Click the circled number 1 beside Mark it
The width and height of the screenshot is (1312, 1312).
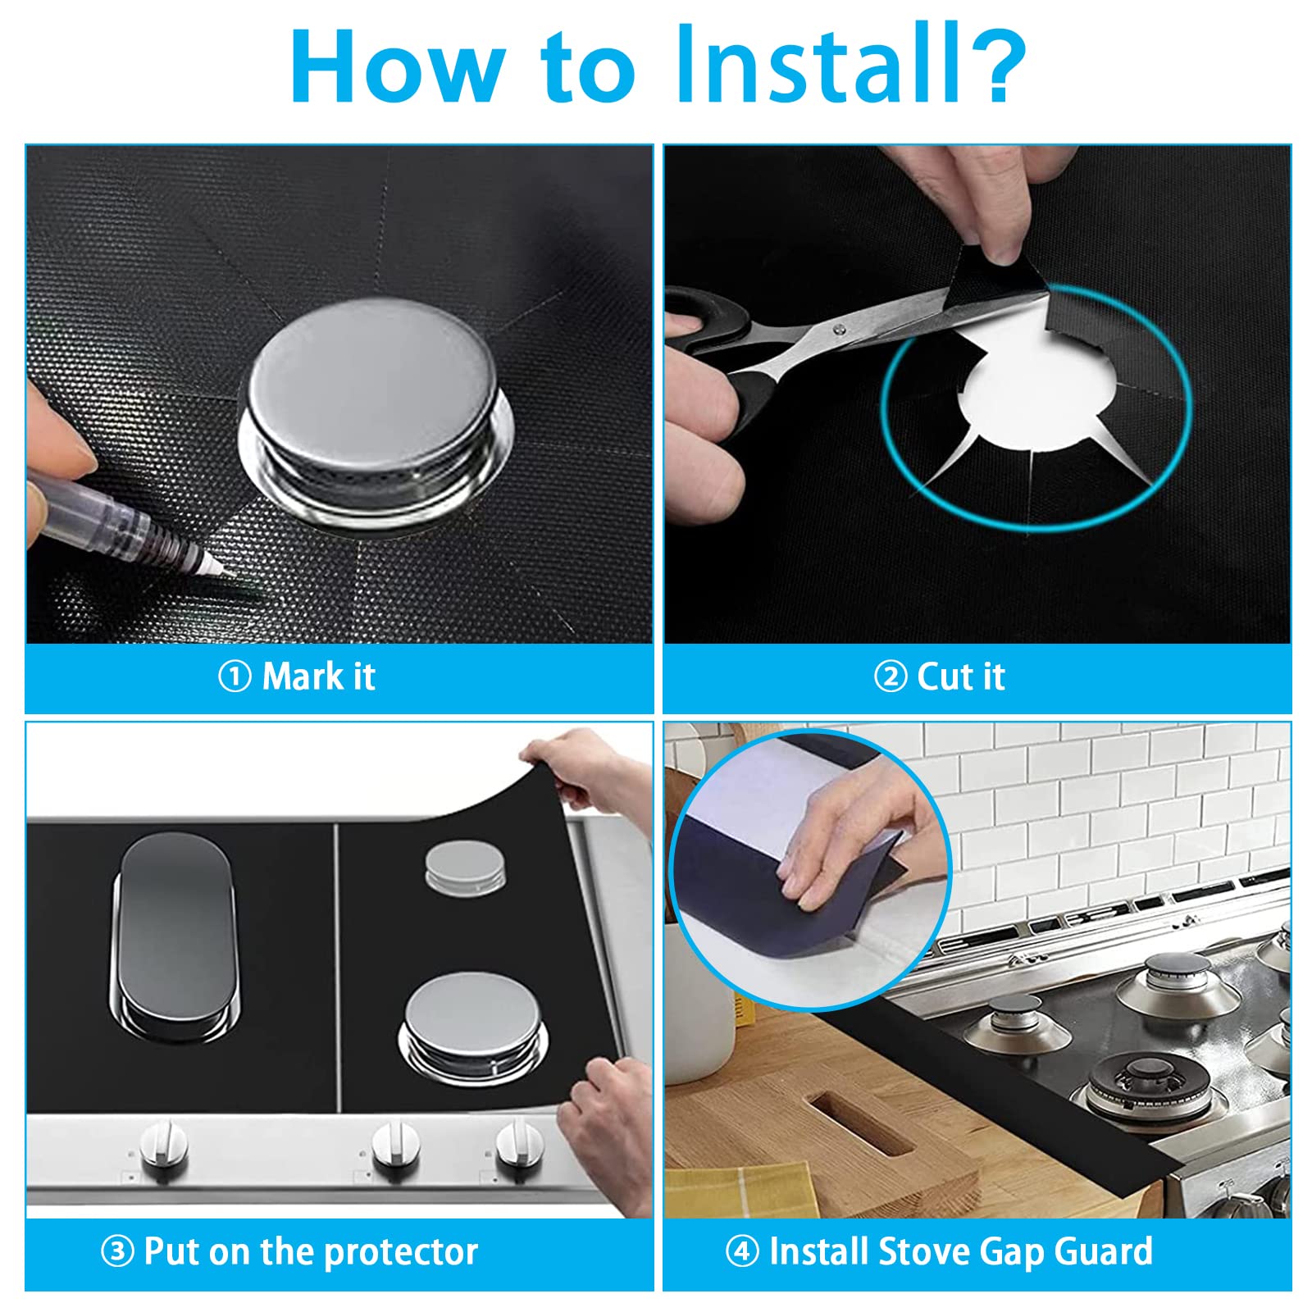235,677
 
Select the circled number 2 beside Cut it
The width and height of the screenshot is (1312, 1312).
891,677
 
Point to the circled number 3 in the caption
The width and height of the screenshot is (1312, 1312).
117,1251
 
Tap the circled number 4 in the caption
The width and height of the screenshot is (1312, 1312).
742,1251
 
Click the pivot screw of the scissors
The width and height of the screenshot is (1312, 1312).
838,329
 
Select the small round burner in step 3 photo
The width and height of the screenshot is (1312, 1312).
465,866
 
